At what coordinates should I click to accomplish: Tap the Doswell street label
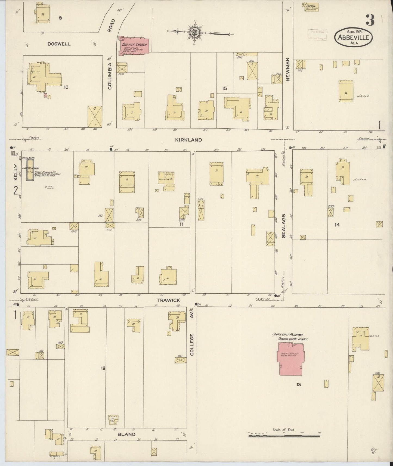[59, 44]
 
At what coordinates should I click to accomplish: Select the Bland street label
[127, 434]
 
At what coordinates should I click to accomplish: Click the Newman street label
[288, 70]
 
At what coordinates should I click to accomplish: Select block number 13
[299, 384]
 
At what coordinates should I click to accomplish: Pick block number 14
[337, 225]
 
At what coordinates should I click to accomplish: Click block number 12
[103, 368]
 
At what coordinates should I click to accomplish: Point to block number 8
[60, 18]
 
